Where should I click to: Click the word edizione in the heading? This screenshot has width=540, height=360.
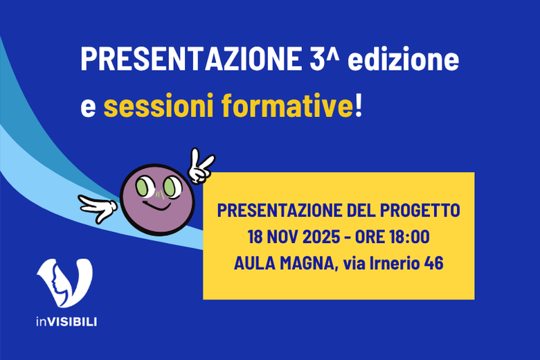pyautogui.click(x=404, y=60)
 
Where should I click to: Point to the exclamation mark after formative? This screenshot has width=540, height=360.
pyautogui.click(x=358, y=107)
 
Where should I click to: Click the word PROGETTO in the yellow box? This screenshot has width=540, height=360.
pyautogui.click(x=422, y=210)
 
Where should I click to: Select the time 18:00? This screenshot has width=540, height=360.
pyautogui.click(x=408, y=237)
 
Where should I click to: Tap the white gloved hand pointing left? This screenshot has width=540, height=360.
pyautogui.click(x=96, y=206)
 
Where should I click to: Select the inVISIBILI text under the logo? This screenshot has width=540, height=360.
pyautogui.click(x=66, y=322)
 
